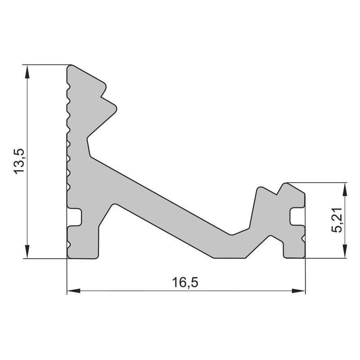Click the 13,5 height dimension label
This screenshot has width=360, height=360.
(x=19, y=161)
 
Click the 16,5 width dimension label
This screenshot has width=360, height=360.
(x=185, y=282)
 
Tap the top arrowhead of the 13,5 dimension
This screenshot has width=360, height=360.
(x=27, y=72)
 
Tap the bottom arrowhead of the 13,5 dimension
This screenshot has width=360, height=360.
(x=27, y=252)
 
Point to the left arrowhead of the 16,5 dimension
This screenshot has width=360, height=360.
(x=74, y=291)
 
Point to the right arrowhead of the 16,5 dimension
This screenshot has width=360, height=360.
(x=298, y=291)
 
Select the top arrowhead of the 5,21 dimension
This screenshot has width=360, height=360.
(x=344, y=190)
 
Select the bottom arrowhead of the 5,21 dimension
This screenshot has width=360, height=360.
(x=344, y=251)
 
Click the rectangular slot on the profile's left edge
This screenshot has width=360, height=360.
(x=74, y=217)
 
